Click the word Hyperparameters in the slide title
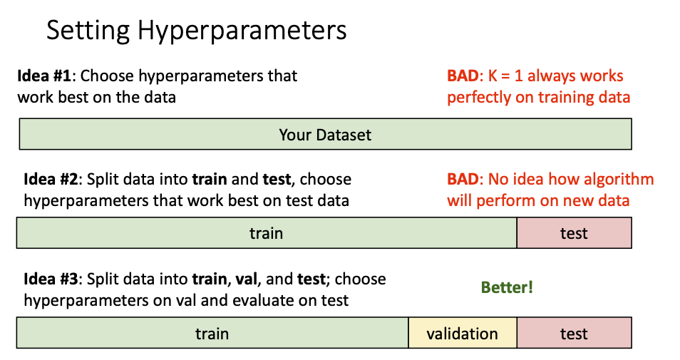tap(242, 31)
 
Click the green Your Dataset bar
tap(325, 134)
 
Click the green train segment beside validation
tap(212, 333)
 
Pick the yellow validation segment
tap(462, 333)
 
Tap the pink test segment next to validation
tap(574, 333)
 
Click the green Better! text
tap(507, 288)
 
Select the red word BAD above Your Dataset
tap(463, 76)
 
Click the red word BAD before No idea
tap(463, 180)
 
